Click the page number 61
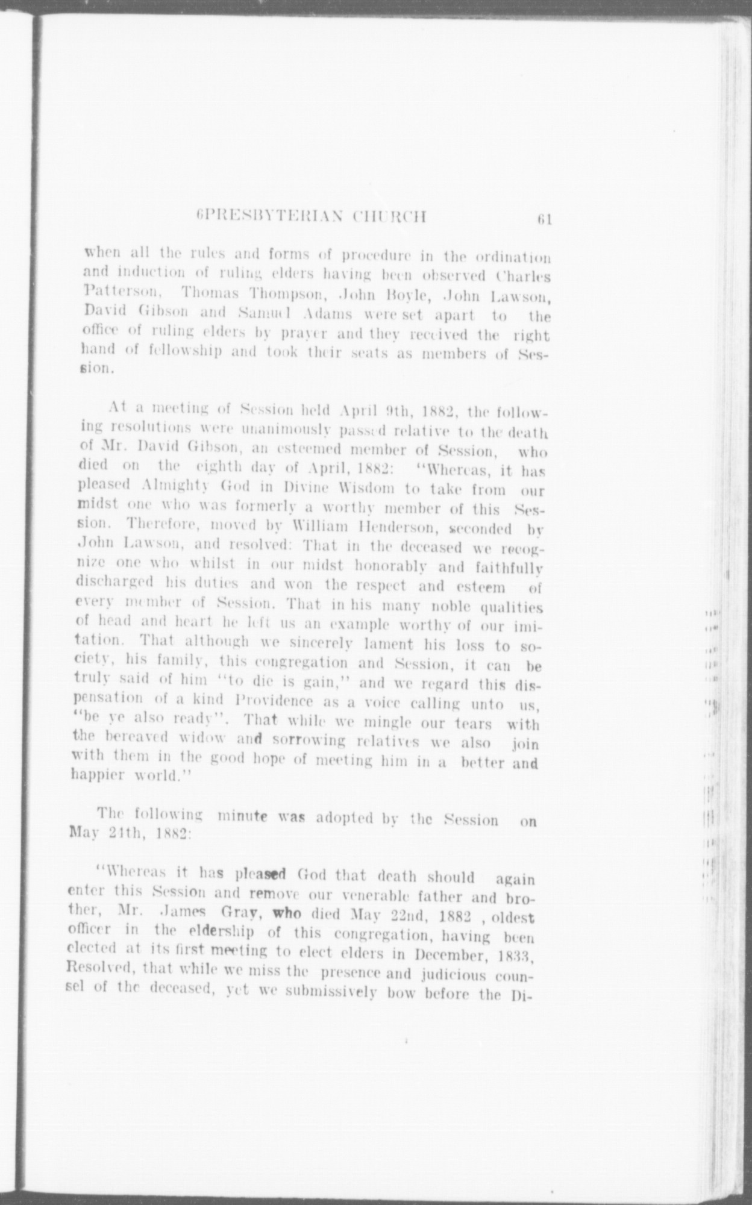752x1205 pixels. (x=546, y=219)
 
